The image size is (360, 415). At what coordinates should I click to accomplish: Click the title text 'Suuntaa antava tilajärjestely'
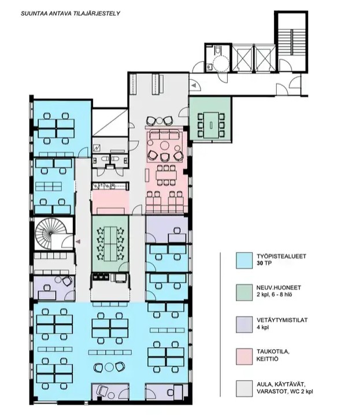[70, 13]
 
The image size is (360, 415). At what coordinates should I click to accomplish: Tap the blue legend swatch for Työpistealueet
[244, 261]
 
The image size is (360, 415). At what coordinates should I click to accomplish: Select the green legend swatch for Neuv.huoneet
[244, 292]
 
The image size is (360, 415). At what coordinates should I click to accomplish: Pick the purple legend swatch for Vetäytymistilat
[244, 324]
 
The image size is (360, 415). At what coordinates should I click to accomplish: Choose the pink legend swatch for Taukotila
[244, 357]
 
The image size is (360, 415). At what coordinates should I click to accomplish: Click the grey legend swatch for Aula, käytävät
[244, 388]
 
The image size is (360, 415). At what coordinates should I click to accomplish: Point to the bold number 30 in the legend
[260, 264]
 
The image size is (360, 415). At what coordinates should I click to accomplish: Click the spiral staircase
[50, 234]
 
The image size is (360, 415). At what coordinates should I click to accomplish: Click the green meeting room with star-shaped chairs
[110, 244]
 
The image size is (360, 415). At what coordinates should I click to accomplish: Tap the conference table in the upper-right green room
[211, 125]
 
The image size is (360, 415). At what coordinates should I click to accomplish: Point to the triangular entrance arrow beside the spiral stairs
[78, 242]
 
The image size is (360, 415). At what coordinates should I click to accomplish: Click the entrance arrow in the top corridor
[194, 86]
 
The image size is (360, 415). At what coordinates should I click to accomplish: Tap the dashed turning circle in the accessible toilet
[221, 64]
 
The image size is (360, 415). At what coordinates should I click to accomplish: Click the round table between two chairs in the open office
[109, 367]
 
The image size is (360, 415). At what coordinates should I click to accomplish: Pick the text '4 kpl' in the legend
[262, 327]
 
